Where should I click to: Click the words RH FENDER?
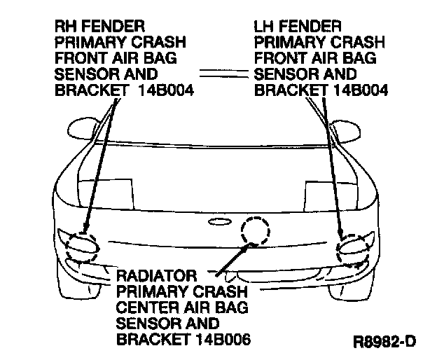click(99, 26)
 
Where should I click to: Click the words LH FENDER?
click(298, 26)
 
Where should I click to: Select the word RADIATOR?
click(157, 276)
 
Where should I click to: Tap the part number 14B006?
click(223, 339)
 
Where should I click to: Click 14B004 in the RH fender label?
click(166, 90)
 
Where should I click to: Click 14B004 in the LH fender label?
click(361, 90)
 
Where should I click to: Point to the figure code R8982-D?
click(384, 342)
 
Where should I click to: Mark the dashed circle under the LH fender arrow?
click(338, 249)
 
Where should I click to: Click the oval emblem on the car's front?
click(220, 222)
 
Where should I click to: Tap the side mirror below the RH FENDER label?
click(83, 129)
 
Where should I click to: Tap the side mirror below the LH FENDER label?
click(345, 132)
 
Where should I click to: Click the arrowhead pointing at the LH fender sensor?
click(340, 232)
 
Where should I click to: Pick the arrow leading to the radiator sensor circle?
click(235, 259)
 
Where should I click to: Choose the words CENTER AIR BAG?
click(182, 307)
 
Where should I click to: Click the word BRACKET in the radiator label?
click(153, 339)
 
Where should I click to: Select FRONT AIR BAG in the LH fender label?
click(315, 58)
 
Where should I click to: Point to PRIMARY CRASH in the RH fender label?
click(120, 42)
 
